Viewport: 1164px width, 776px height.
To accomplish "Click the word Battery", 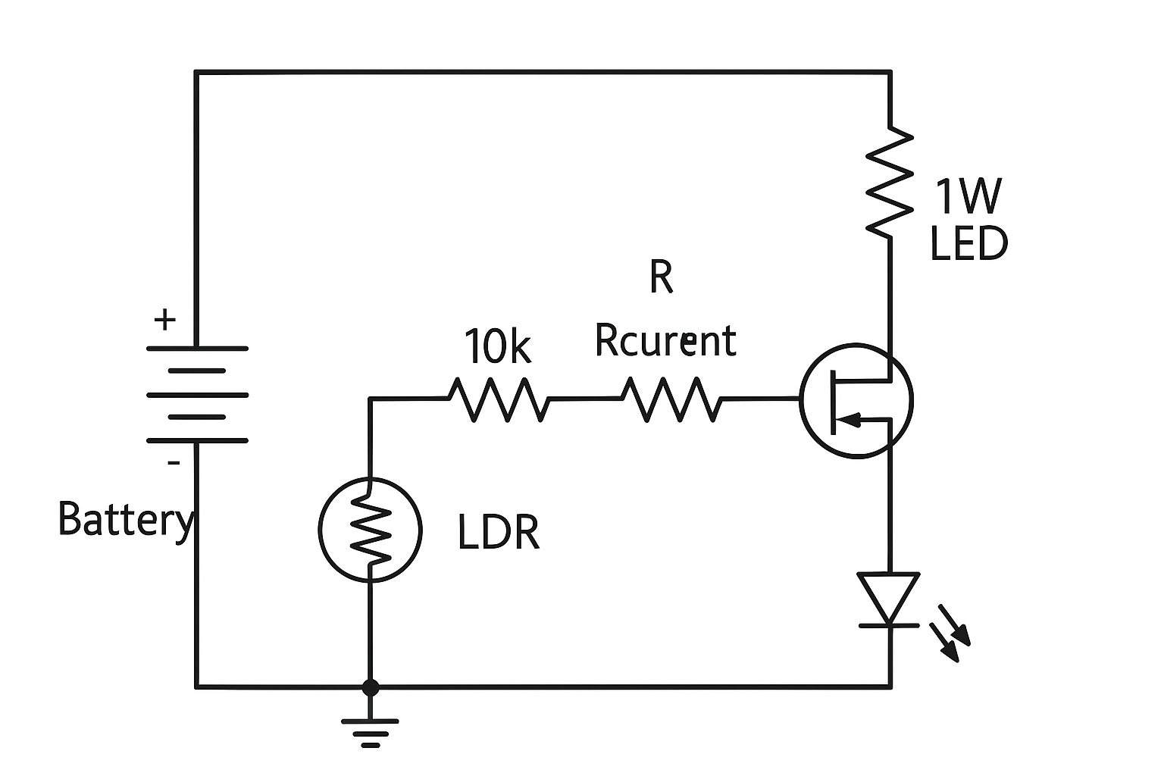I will [x=125, y=521].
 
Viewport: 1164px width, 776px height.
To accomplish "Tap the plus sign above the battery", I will [x=164, y=320].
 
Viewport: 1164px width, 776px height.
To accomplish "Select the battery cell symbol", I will [x=196, y=395].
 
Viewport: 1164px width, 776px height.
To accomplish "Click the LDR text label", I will [x=499, y=532].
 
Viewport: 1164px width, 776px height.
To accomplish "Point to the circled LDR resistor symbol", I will [x=370, y=529].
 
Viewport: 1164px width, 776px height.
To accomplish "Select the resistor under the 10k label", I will [x=498, y=399].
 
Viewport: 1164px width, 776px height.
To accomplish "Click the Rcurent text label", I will [x=665, y=340].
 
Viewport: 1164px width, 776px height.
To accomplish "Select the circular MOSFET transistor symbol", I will [x=856, y=400].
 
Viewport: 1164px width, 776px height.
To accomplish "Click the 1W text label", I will [x=968, y=196].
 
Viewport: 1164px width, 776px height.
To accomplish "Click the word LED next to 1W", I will [x=968, y=245].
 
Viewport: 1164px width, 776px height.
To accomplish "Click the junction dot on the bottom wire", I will [x=370, y=687].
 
